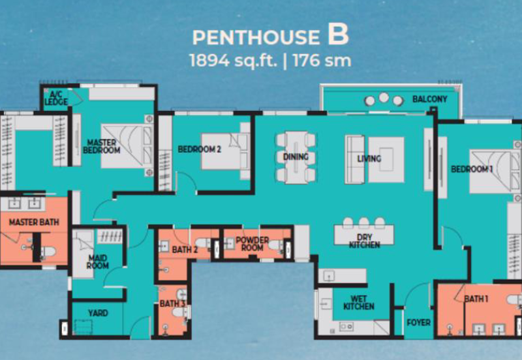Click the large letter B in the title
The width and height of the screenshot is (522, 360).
tap(338, 35)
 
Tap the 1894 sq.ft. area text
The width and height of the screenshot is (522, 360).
tap(233, 61)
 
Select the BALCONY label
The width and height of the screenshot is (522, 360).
tap(430, 99)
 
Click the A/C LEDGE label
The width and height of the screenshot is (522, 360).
tap(56, 98)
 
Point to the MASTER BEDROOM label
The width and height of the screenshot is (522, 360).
tap(102, 146)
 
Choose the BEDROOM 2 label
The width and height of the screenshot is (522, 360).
tap(200, 149)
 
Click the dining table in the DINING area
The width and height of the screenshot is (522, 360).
tap(296, 157)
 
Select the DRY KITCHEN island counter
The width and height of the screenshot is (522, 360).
tap(364, 235)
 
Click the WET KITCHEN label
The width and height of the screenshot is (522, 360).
tap(358, 303)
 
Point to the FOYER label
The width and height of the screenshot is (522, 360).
tap(418, 322)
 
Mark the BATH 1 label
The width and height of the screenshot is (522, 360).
tap(476, 299)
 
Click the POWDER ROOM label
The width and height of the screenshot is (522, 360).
tap(252, 244)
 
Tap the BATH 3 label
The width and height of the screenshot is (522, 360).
tap(172, 303)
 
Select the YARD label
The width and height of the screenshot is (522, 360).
tap(98, 313)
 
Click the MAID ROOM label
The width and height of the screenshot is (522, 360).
tap(98, 262)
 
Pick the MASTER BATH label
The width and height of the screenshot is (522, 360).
tap(34, 222)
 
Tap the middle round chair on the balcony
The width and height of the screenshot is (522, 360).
tap(384, 97)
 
